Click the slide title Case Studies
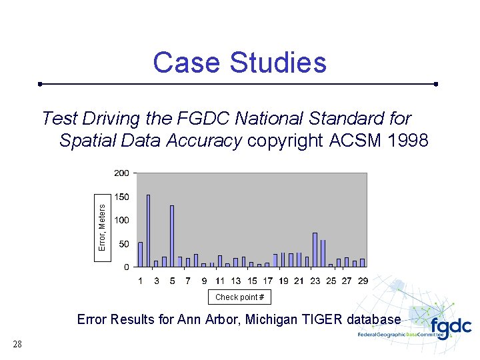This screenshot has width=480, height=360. point(239,63)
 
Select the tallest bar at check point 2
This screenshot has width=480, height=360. point(148,231)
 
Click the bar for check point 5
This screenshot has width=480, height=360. point(172,236)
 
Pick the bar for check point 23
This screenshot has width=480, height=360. point(315,250)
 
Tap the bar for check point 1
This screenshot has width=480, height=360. point(140,255)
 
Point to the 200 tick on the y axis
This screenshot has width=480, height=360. point(121,173)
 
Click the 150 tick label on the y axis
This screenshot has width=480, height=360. point(121,197)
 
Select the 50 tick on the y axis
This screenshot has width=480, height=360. point(124,244)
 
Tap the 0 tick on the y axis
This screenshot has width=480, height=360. point(127,267)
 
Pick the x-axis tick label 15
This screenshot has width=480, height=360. point(252,281)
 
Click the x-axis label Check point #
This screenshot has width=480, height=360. point(239,297)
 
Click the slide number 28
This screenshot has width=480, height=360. point(17,344)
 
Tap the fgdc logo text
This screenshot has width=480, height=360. point(450,327)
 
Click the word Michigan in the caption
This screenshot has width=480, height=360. point(274,319)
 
